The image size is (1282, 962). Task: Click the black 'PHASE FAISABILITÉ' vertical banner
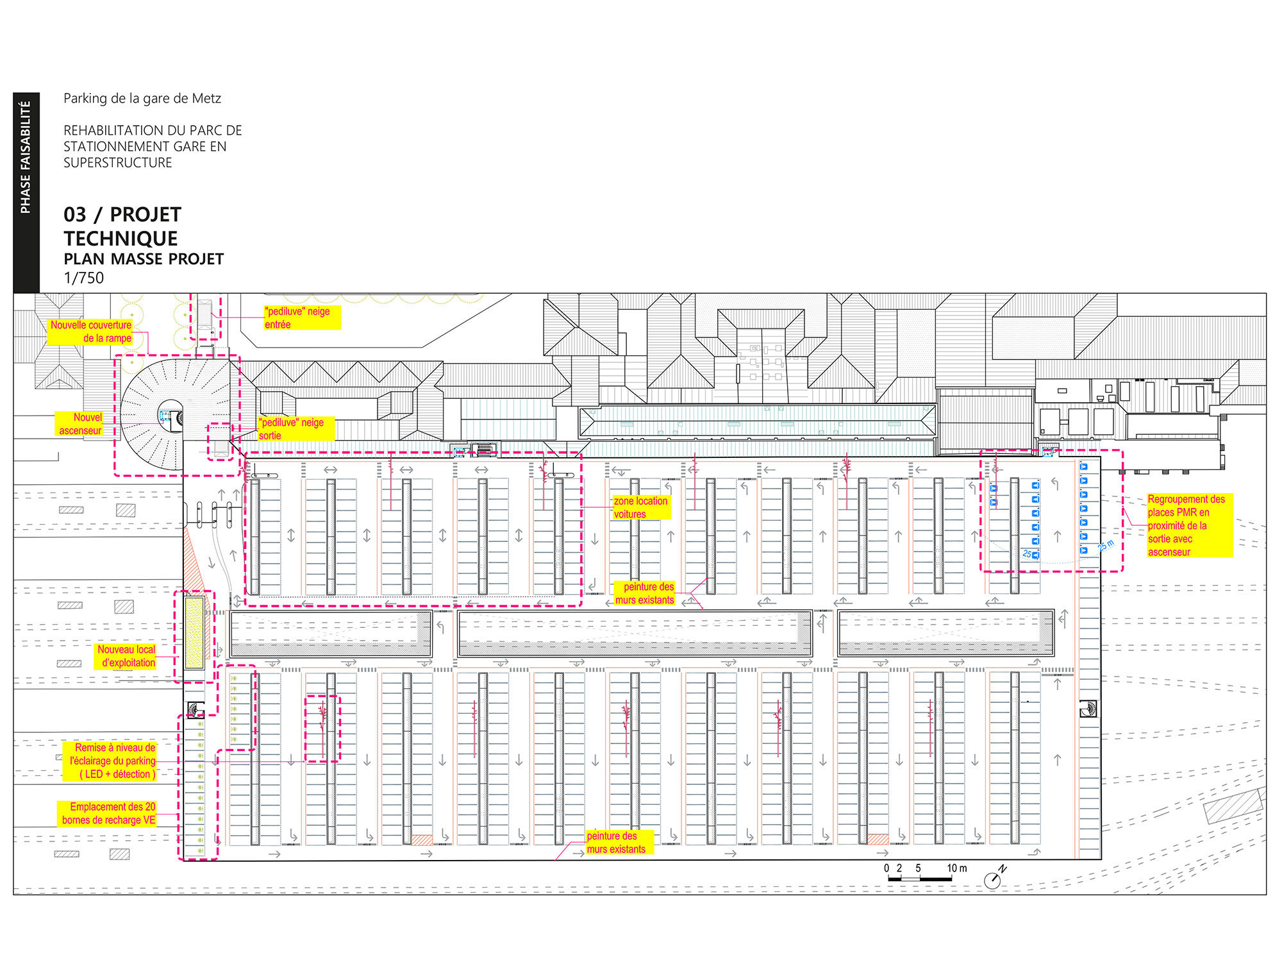pyautogui.click(x=26, y=192)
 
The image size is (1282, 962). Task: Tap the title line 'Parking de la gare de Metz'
pyautogui.click(x=142, y=99)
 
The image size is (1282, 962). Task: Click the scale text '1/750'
pyautogui.click(x=84, y=278)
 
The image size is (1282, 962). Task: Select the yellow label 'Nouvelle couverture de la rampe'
pyautogui.click(x=90, y=332)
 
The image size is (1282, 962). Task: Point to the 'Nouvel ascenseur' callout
pyautogui.click(x=79, y=424)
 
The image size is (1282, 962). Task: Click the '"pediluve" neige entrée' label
pyautogui.click(x=301, y=317)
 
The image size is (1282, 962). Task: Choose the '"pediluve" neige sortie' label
pyautogui.click(x=296, y=428)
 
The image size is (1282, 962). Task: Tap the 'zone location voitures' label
pyautogui.click(x=641, y=507)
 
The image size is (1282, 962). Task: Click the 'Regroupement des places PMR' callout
pyautogui.click(x=1189, y=525)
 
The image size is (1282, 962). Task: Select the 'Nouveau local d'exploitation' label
pyautogui.click(x=127, y=656)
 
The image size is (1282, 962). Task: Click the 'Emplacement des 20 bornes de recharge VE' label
pyautogui.click(x=108, y=813)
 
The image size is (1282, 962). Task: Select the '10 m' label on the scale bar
pyautogui.click(x=957, y=868)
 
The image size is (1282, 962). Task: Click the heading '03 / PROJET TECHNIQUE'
pyautogui.click(x=122, y=226)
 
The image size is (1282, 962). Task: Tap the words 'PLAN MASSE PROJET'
pyautogui.click(x=144, y=259)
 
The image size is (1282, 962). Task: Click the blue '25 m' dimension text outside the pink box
pyautogui.click(x=1106, y=546)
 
